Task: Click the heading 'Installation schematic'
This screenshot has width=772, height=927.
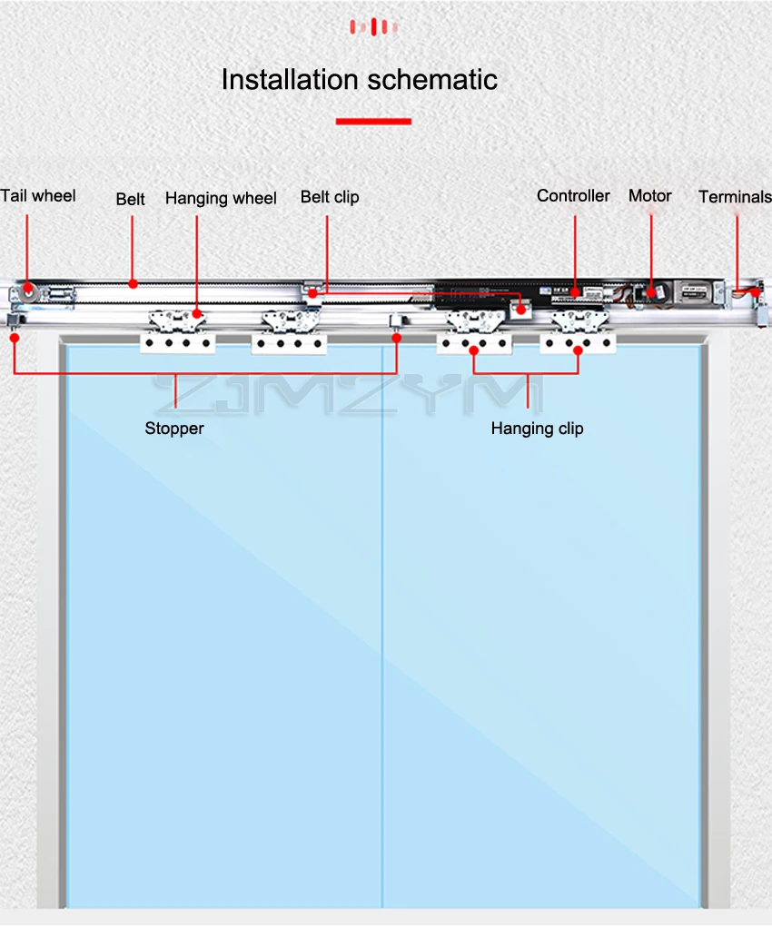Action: tap(360, 80)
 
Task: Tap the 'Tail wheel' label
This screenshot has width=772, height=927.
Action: tap(38, 196)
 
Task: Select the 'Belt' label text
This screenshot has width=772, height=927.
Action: tap(130, 199)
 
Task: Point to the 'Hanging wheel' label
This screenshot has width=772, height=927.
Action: tap(221, 198)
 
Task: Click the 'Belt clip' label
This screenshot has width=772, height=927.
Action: tap(330, 197)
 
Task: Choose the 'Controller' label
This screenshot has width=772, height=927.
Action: tap(573, 196)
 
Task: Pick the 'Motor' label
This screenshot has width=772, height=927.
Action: tap(650, 196)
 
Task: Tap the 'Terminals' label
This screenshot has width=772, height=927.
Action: tap(735, 197)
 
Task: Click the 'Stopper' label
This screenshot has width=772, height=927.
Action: tap(174, 428)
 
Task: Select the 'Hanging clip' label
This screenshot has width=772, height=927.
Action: tap(537, 429)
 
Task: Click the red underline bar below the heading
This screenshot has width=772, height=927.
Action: tap(373, 121)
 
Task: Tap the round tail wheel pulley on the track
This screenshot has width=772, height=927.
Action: tap(30, 294)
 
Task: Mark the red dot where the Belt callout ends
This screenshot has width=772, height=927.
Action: tap(134, 283)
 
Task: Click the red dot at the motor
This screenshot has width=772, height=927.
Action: tap(652, 293)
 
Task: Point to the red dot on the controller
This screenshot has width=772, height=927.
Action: tap(576, 293)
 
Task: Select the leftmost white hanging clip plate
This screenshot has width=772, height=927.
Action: tap(177, 343)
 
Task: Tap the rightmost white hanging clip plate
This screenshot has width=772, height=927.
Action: tap(579, 343)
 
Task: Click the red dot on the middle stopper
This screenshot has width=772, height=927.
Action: tap(397, 338)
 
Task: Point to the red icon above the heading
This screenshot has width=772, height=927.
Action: tap(373, 27)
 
